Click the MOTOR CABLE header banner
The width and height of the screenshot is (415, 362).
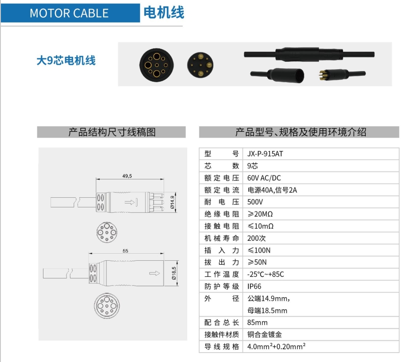coord(69,13)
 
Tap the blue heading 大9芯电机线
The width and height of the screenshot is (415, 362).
coord(66,60)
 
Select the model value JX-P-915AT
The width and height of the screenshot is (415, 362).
coord(265,154)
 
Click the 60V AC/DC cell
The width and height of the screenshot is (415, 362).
coord(264,178)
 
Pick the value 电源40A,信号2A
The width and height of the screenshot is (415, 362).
coord(272,190)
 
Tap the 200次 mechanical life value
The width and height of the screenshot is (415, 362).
coord(257,238)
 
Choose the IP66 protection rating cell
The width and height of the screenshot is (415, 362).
coord(254,286)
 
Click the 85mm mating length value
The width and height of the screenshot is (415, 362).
coord(258,322)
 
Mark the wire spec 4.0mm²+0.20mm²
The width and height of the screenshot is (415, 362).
coord(277,346)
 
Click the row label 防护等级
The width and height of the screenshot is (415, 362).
coord(222,286)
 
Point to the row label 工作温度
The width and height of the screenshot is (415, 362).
coord(222,274)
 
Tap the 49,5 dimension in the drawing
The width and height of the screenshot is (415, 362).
coord(127,176)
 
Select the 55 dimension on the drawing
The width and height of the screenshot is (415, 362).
coord(125,251)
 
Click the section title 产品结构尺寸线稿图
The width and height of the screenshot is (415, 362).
coord(112,132)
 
